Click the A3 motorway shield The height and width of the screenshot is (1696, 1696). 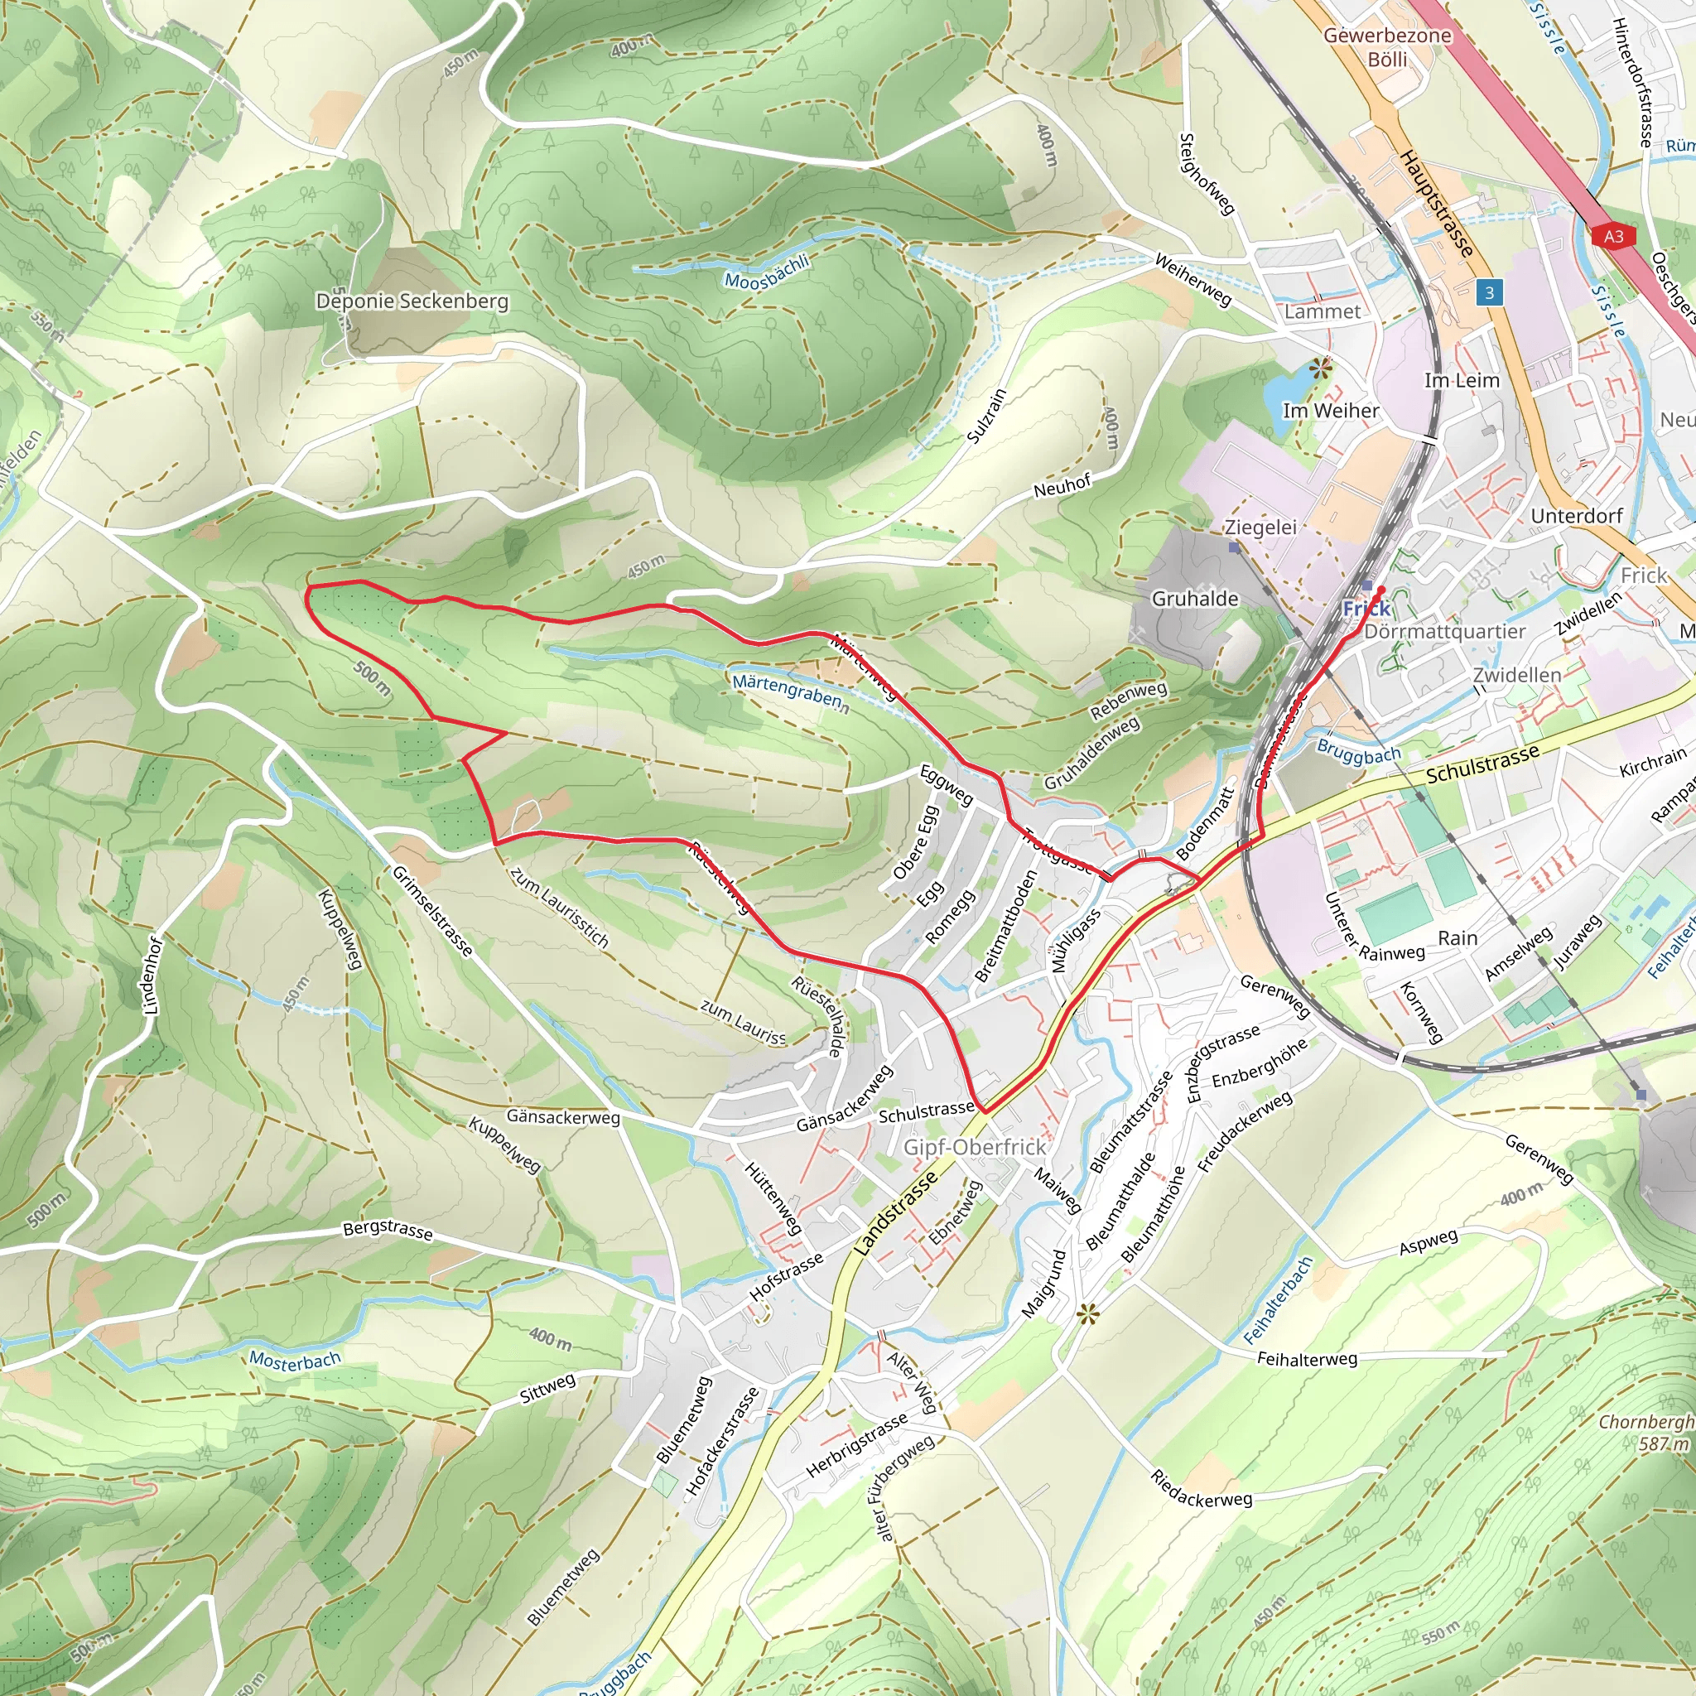[1613, 236]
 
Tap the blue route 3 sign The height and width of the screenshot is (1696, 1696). [1489, 292]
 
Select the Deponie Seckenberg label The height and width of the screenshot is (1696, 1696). [412, 301]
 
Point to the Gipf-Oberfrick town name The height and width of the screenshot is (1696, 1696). [975, 1147]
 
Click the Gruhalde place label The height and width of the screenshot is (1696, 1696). [1195, 599]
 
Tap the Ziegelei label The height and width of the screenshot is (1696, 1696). [1260, 527]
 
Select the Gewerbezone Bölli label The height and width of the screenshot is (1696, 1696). [1387, 47]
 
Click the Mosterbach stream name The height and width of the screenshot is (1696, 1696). [295, 1361]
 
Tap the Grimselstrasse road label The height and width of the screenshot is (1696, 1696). [432, 910]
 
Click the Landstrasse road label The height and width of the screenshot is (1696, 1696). [895, 1214]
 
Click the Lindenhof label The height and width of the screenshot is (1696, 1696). [152, 976]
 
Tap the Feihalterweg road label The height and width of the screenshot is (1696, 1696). [1307, 1359]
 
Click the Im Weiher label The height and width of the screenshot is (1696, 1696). [1331, 411]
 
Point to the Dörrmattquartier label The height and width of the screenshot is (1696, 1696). [1445, 632]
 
